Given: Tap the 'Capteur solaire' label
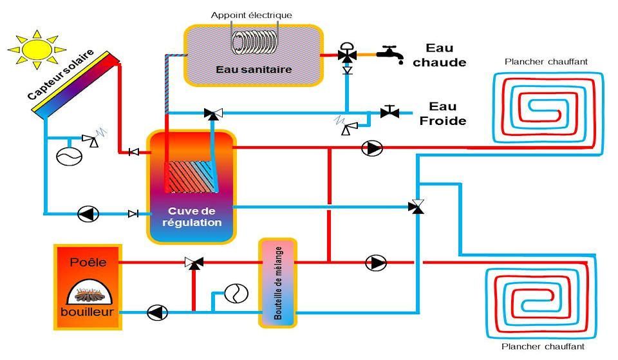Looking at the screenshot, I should point(61,75).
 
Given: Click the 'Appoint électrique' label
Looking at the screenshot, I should point(252,15).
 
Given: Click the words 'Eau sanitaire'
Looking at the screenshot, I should point(254,69).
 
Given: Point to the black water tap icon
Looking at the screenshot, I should point(389,52).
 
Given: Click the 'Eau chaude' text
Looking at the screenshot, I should point(439,55).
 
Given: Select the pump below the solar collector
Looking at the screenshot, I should point(87,214).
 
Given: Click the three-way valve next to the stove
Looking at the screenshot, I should point(194,263).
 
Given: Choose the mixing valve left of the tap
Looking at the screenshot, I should point(348,56).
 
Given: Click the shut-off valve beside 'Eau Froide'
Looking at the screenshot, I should point(389,112).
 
